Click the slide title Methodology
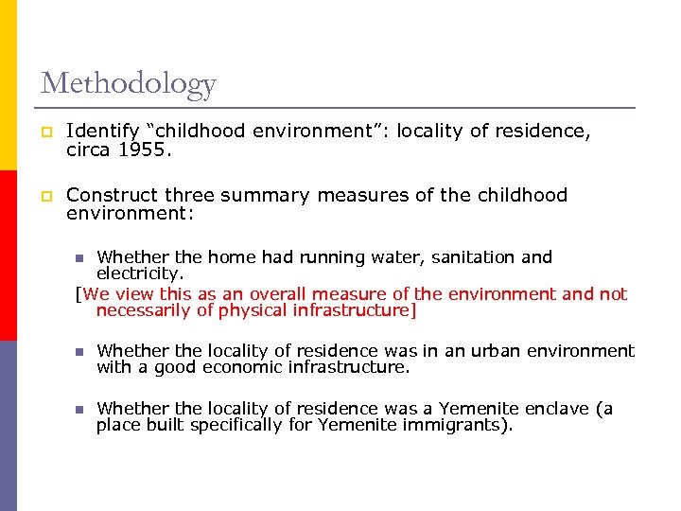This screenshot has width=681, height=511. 128,84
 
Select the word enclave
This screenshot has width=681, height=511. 550,409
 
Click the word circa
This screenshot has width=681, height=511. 89,149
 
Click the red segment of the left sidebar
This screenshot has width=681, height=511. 8,255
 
